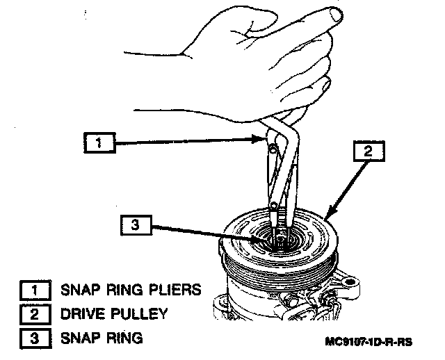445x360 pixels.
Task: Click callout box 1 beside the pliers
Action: pos(98,143)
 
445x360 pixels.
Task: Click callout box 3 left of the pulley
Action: pos(135,224)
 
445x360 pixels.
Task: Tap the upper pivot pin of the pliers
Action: pos(272,147)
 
